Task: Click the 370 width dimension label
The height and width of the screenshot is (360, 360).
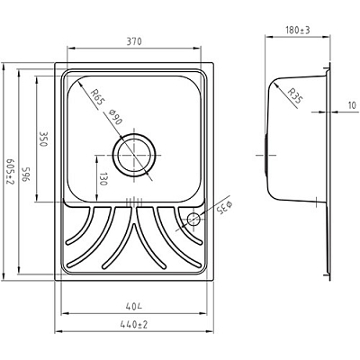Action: point(134,41)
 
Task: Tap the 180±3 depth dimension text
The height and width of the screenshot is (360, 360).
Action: point(298,30)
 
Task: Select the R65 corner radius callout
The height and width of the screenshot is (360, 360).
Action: point(97,96)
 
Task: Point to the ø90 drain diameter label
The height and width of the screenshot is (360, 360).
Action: point(115,117)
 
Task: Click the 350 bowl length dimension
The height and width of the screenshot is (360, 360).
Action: point(44,139)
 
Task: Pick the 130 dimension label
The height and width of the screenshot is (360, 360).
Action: point(103,179)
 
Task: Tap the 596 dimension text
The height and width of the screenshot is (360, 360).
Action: point(25,174)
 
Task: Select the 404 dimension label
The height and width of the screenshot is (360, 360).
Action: point(134,307)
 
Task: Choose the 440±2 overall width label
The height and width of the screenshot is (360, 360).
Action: point(134,325)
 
